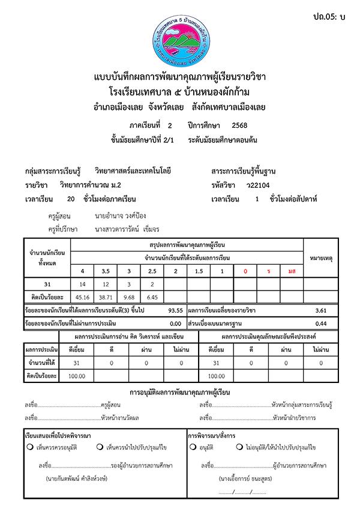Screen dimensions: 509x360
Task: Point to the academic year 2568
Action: pos(239,125)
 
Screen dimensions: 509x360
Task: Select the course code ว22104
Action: pos(250,185)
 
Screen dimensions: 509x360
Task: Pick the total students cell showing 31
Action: pos(47,284)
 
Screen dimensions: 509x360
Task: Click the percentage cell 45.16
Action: pos(82,297)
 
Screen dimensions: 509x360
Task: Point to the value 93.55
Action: pos(176,310)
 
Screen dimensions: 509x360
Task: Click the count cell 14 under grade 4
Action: pos(82,284)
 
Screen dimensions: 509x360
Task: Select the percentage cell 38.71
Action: pos(106,297)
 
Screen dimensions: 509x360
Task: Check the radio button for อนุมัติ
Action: pos(193,447)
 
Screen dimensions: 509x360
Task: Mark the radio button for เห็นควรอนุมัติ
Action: pos(29,447)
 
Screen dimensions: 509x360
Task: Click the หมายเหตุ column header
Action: pos(321,258)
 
